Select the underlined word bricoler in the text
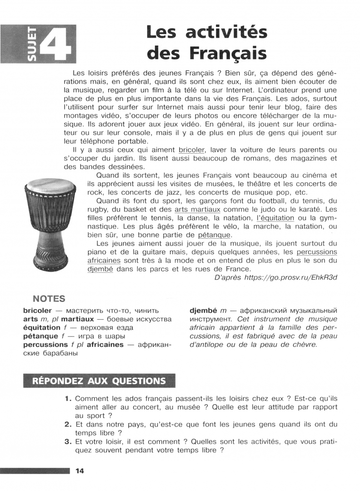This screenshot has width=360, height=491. click(x=192, y=150)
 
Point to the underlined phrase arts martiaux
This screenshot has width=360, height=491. click(x=197, y=210)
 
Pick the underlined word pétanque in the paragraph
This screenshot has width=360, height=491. click(x=215, y=235)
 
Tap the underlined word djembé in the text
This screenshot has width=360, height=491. click(x=100, y=269)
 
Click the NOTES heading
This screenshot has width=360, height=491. click(x=49, y=299)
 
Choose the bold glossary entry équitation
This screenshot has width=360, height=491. click(x=42, y=327)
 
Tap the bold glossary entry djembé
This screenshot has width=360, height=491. click(x=203, y=310)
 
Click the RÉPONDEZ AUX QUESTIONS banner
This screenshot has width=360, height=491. click(x=99, y=381)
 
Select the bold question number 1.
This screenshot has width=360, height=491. click(x=68, y=399)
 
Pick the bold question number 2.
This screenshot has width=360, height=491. click(x=68, y=425)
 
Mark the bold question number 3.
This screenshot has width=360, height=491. click(x=68, y=441)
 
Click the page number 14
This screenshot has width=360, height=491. click(x=80, y=471)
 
